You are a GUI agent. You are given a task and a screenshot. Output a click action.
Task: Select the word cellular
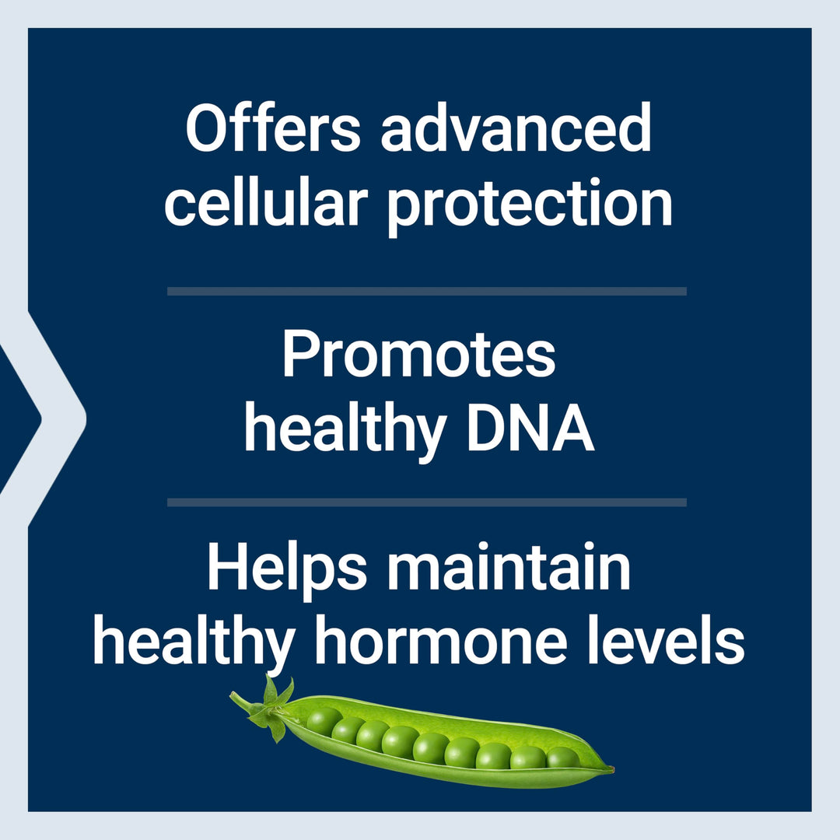click(265, 204)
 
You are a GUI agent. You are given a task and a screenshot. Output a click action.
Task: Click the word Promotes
click(418, 355)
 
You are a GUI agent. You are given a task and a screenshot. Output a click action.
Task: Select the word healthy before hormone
click(194, 645)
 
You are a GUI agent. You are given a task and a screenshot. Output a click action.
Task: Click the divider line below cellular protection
click(426, 291)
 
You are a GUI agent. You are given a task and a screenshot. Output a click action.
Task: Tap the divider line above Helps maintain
click(426, 502)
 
